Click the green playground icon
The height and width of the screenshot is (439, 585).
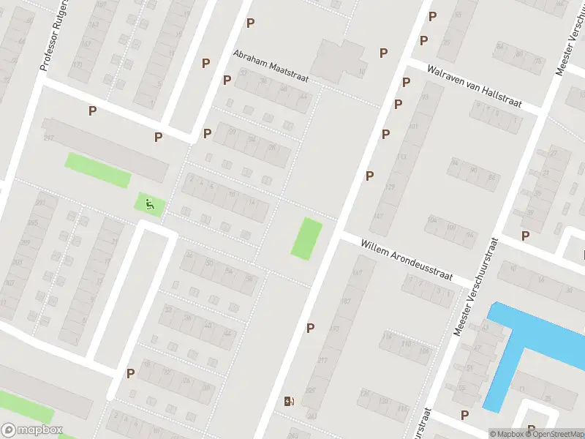click(x=150, y=204)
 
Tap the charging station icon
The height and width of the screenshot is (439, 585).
click(x=290, y=401)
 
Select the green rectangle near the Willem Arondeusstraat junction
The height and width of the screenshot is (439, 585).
click(x=306, y=238)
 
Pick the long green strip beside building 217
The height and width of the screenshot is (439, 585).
click(x=97, y=170)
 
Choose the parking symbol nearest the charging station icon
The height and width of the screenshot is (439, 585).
click(x=311, y=328)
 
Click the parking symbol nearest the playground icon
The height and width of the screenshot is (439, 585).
click(x=158, y=137)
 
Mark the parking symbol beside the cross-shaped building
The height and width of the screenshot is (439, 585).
click(x=383, y=53)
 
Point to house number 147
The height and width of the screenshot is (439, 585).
click(x=377, y=216)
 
